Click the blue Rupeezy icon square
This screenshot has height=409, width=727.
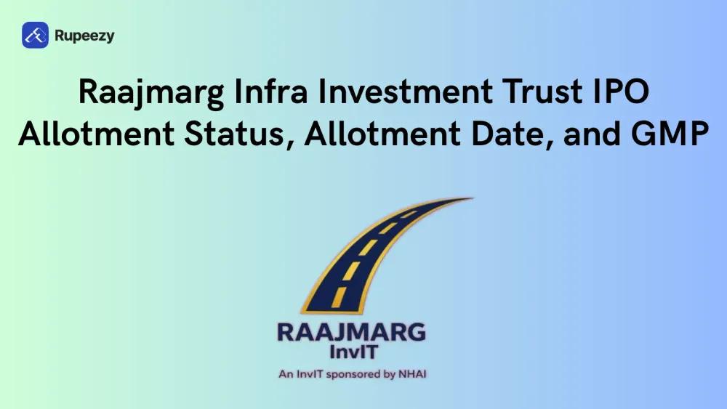point(35,35)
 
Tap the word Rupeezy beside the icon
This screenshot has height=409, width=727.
point(84,35)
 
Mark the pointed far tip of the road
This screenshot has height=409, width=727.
point(473,198)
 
